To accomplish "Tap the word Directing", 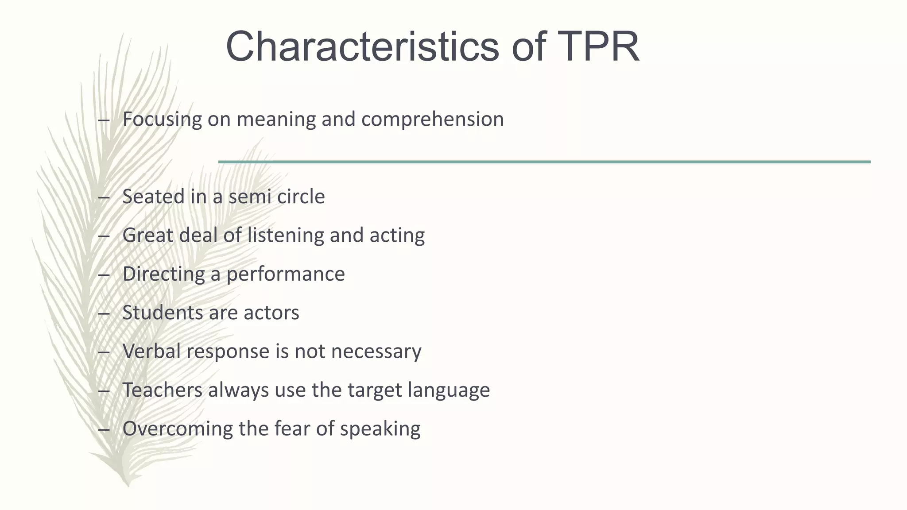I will pos(163,274).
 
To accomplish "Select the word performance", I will pos(286,274).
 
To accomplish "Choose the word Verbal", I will pos(151,352).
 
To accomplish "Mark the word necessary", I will pos(376,352).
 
